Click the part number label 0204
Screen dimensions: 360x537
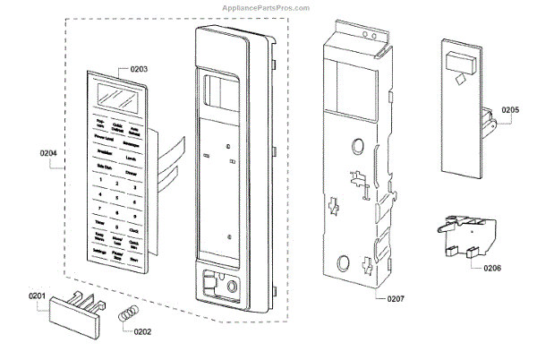48,153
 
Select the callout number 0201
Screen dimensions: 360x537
37,296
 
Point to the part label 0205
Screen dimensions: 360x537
510,110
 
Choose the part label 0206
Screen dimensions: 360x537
491,267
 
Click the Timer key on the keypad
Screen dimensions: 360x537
99,219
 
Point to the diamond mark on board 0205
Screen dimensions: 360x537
461,79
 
